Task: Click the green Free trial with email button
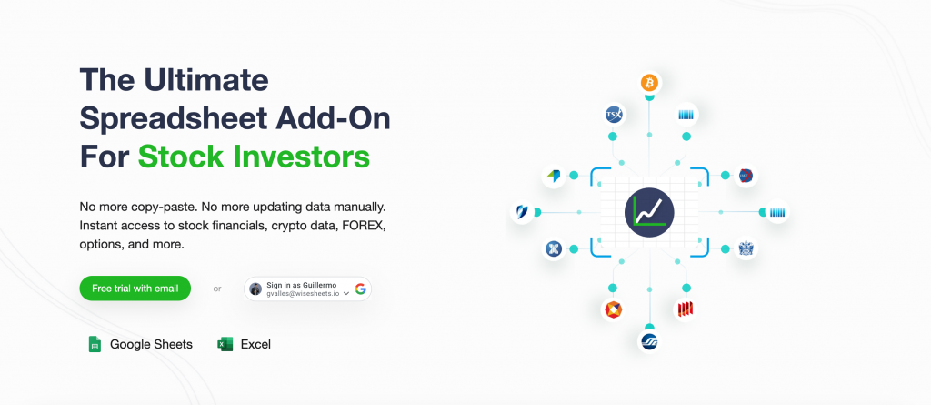[135, 289]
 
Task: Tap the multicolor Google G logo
[360, 289]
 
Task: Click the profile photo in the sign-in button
[255, 289]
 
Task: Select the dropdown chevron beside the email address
[346, 293]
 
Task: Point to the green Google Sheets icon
[95, 344]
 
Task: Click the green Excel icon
[225, 344]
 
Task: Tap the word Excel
[255, 344]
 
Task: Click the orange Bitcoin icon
[649, 83]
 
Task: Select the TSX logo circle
[614, 114]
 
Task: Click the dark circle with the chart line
[649, 212]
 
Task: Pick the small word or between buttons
[217, 289]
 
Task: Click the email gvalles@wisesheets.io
[303, 294]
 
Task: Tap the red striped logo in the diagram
[686, 309]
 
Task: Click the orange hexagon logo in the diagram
[613, 309]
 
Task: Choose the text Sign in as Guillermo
[302, 286]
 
